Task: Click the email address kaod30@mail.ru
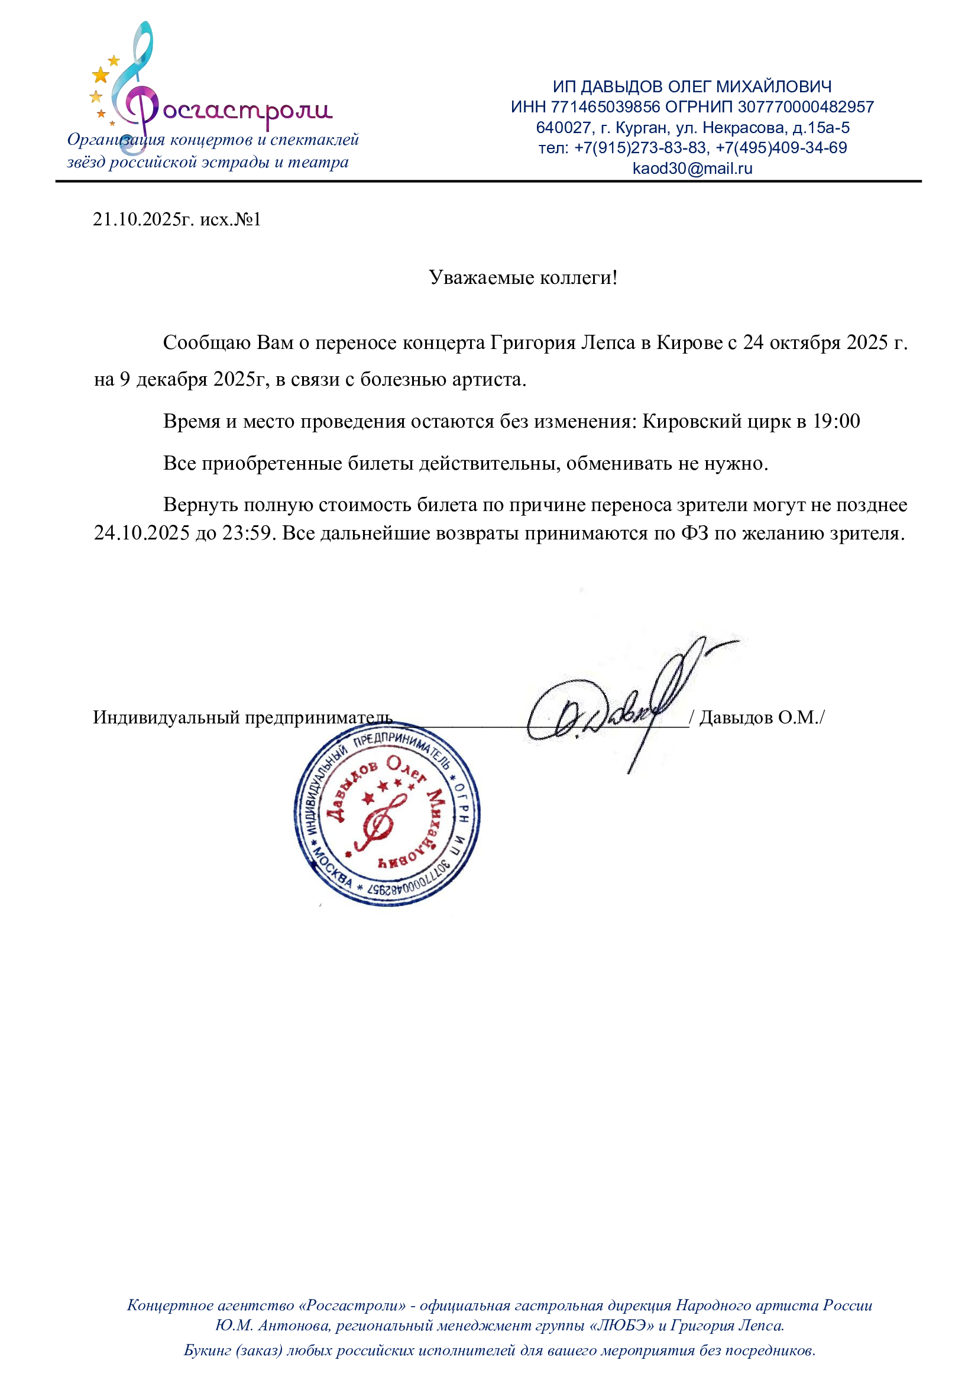692,168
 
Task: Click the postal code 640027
563,128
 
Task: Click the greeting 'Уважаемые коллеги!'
523,277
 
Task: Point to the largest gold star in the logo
101,75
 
